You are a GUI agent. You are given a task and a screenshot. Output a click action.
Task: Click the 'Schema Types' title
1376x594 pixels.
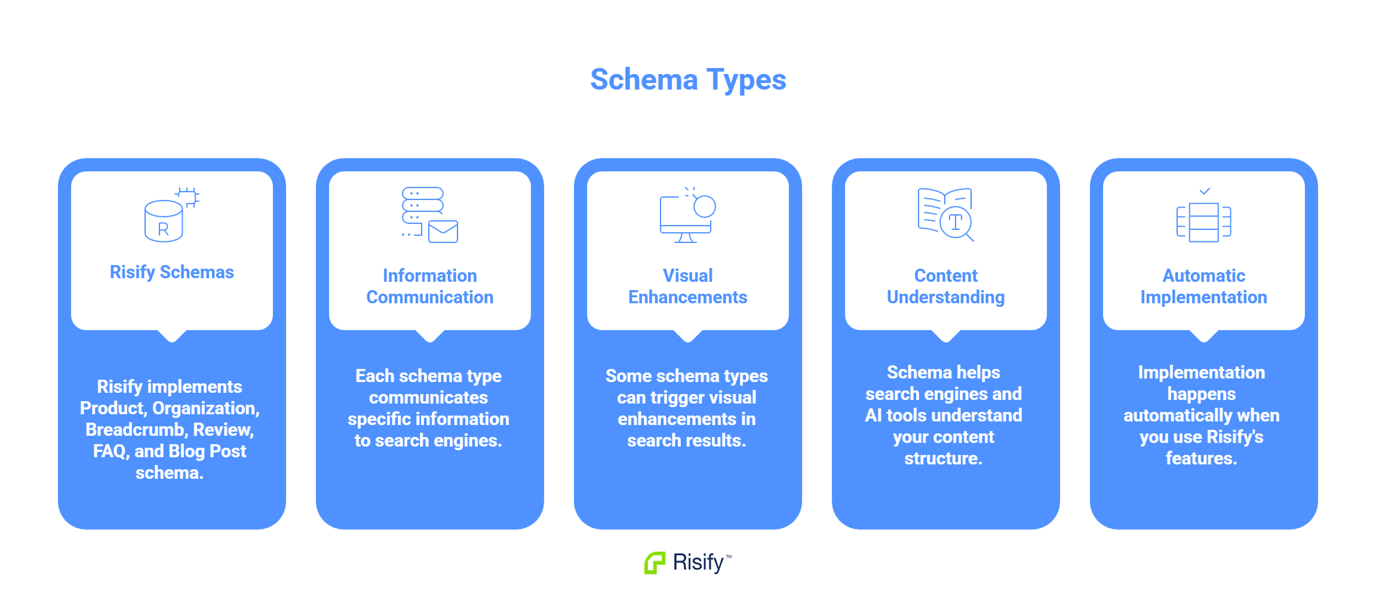click(688, 79)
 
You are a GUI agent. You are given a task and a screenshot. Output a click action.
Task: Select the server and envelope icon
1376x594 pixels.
click(429, 215)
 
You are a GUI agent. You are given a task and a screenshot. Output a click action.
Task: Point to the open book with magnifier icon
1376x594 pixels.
click(945, 214)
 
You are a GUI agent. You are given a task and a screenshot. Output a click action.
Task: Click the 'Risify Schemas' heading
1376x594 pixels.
click(171, 272)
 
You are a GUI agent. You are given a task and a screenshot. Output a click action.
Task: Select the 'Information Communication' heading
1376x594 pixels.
click(429, 287)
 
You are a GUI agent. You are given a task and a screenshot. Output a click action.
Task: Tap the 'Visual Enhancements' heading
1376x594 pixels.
click(687, 287)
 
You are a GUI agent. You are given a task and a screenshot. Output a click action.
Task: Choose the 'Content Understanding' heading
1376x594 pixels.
click(945, 287)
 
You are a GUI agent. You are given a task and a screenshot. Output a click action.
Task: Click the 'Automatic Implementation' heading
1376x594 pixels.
click(1203, 287)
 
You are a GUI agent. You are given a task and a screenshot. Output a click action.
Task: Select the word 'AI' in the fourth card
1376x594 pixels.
click(873, 416)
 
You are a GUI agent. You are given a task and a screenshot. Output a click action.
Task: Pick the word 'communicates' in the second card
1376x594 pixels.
click(428, 398)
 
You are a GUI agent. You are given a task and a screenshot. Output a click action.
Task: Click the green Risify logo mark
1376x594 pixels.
click(655, 562)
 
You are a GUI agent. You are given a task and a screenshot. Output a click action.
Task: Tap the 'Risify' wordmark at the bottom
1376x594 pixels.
click(698, 562)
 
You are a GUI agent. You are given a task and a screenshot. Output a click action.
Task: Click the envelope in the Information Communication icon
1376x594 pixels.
click(443, 232)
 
